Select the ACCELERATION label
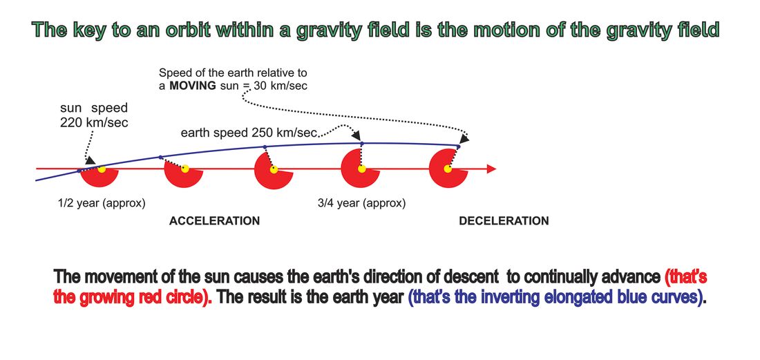(214, 221)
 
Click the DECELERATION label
(504, 221)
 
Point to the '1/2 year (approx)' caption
(102, 204)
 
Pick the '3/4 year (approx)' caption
(361, 204)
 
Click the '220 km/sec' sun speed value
(94, 122)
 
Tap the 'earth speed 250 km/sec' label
(249, 133)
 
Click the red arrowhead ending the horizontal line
(491, 169)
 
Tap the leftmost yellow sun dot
(102, 169)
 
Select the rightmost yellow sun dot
(448, 169)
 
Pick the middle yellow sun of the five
(274, 169)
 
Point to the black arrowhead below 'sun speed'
(90, 160)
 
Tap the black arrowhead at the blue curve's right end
(464, 139)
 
